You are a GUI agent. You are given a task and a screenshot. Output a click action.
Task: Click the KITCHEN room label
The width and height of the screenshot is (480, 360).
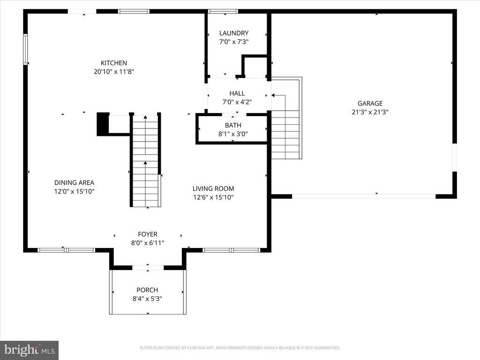114,63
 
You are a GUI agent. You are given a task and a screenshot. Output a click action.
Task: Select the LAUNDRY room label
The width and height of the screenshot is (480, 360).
234,33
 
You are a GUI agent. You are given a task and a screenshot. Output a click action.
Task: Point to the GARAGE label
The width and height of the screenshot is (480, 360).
370,104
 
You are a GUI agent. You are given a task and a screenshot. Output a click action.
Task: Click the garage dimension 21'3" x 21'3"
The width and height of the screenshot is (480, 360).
370,112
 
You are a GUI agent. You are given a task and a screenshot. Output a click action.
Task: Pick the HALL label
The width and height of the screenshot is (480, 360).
237,93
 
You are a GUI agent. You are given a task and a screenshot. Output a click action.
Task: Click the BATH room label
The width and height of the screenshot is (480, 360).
233,125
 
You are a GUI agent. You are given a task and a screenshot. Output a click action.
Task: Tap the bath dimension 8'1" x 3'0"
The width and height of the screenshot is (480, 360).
233,134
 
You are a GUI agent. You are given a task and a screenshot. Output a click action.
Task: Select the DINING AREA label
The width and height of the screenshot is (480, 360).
74,183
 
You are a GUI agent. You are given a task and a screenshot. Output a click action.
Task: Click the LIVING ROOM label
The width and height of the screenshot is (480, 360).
213,188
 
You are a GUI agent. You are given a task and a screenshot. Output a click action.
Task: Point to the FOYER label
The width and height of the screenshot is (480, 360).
148,234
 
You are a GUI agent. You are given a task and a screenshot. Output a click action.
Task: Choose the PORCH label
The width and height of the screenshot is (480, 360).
147,290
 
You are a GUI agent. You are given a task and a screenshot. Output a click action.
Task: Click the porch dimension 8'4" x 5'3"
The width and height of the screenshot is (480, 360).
147,298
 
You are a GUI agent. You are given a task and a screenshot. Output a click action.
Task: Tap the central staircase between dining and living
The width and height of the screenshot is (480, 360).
145,162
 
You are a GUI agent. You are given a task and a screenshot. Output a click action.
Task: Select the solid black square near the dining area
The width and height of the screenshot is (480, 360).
103,124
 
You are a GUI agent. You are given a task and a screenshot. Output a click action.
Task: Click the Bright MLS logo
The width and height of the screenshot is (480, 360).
29,350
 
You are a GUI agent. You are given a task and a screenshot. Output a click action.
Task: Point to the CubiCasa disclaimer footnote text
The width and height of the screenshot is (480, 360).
240,348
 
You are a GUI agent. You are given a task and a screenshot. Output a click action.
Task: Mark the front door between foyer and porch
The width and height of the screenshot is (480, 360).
148,268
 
